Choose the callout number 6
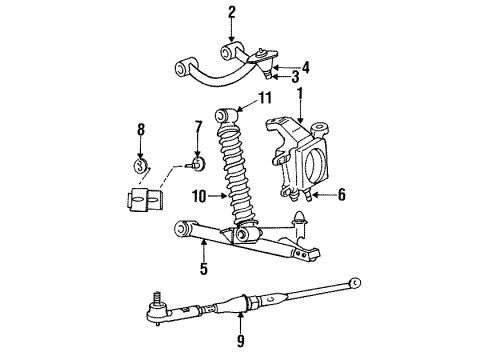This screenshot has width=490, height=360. pyautogui.click(x=341, y=195)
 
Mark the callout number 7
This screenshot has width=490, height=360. pyautogui.click(x=198, y=128)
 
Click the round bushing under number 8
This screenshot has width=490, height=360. pyautogui.click(x=142, y=164)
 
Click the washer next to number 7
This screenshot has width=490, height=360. pyautogui.click(x=197, y=164)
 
